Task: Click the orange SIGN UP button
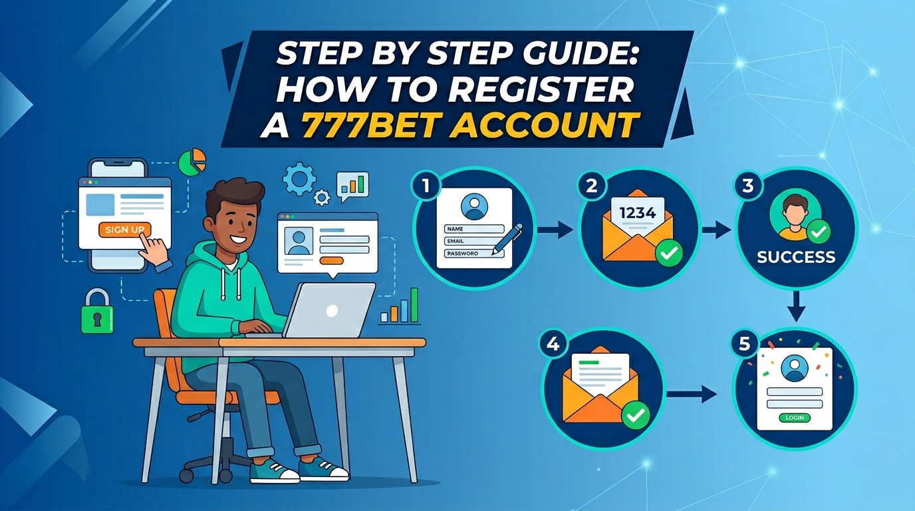point(124,230)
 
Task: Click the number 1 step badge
point(426,186)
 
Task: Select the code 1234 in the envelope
point(637,213)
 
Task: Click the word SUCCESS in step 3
point(796,257)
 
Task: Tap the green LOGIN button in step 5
point(795,417)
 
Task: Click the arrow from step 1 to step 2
point(555,230)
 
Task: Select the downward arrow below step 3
point(796,306)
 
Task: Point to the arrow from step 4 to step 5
point(692,394)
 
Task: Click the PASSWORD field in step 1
point(474,254)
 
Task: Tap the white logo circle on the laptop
point(332,311)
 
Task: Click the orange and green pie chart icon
point(192,162)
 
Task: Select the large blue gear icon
point(299,178)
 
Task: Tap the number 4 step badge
point(553,345)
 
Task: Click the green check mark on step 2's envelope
point(669,254)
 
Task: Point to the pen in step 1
point(507,239)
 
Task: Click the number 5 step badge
point(744,344)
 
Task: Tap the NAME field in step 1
point(474,229)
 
